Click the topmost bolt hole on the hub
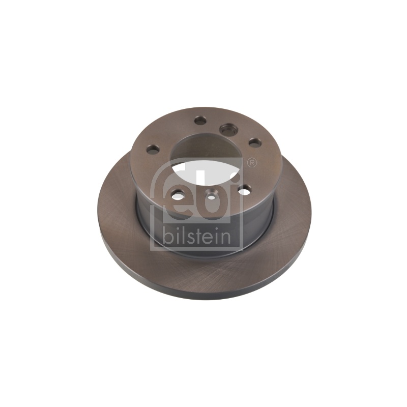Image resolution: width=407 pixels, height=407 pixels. pos(200,120)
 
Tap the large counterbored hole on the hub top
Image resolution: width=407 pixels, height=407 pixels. pos(228,130)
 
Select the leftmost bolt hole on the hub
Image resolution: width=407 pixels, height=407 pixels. pos(153,149)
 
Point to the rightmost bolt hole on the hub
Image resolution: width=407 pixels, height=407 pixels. pos(255,142)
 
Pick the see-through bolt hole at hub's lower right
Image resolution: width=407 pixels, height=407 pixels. pos(244,192)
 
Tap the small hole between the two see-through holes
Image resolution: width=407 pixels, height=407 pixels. pos(211,196)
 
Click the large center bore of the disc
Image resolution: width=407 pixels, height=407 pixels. pos(207,160)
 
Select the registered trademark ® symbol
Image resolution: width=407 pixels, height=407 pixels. pos(252,163)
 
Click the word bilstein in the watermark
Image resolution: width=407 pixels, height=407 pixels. pos(196,236)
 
